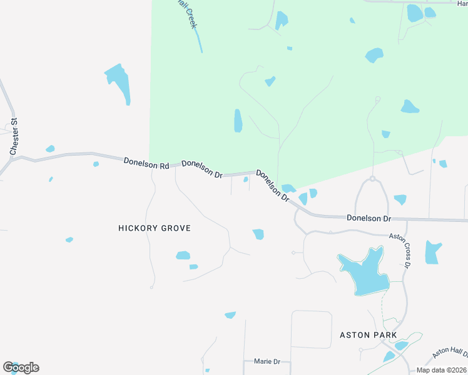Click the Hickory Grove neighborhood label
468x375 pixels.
154,229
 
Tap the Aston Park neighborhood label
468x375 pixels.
368,335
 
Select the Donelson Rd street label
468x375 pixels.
146,162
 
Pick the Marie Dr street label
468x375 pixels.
267,361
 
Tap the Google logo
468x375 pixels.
21,367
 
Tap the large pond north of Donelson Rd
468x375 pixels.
118,81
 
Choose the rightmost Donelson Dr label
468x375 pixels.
369,219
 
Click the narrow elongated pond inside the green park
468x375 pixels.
238,121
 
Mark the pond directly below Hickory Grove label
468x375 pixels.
183,255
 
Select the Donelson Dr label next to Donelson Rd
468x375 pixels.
203,168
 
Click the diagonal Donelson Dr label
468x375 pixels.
273,186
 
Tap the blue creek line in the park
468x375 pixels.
198,41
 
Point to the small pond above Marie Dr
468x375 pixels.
230,315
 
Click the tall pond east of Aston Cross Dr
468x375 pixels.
433,252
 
